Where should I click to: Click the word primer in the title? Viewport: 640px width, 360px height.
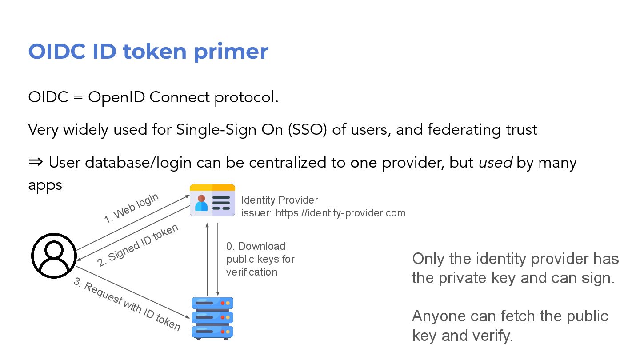pos(231,52)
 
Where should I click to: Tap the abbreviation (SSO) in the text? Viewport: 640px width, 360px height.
pos(307,129)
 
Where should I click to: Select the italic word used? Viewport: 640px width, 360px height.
pos(495,163)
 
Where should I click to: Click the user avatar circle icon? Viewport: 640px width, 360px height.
pos(54,256)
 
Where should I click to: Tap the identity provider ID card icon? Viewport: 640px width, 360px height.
pos(212,200)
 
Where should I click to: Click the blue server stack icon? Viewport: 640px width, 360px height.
pos(212,318)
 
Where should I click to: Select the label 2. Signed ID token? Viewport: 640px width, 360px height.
pos(138,245)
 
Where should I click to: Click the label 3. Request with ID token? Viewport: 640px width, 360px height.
pos(127,305)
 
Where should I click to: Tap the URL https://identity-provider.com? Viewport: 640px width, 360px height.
pos(340,213)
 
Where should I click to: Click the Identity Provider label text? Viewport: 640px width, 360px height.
pos(280,200)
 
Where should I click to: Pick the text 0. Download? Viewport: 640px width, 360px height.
pos(256,246)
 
